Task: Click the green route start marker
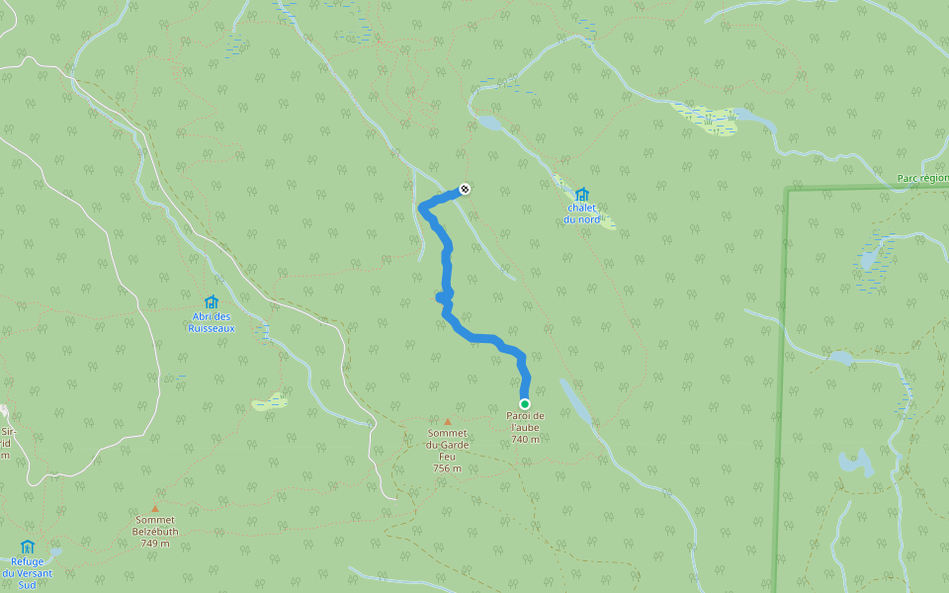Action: [x=525, y=403]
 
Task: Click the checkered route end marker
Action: [x=465, y=189]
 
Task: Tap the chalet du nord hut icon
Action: [x=581, y=194]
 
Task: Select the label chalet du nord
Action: [x=582, y=212]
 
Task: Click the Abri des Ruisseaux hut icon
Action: [x=211, y=302]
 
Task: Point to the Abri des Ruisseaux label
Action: [x=212, y=322]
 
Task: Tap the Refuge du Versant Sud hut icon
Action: [x=28, y=547]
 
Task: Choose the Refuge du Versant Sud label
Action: [x=27, y=572]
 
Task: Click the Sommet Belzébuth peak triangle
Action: [x=155, y=509]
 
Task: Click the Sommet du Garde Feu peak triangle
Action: [x=447, y=422]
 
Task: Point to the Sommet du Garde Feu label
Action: [x=447, y=444]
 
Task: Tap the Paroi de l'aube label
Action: [x=526, y=422]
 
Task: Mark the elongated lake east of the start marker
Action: [x=576, y=401]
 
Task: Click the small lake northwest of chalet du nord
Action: [x=489, y=124]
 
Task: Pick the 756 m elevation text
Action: [x=447, y=468]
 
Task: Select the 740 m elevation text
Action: [x=526, y=439]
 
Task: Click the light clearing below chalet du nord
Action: [x=598, y=218]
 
